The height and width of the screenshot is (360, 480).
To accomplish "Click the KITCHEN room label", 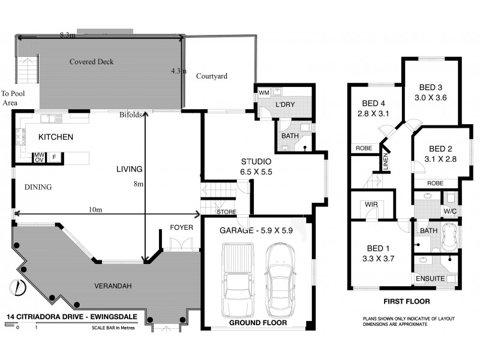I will pos(56,137).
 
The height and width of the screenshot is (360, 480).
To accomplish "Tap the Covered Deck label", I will pos(91,62).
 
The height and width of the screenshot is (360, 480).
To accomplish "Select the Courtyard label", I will pos(211,76).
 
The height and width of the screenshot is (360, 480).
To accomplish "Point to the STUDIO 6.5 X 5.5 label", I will pos(256,166).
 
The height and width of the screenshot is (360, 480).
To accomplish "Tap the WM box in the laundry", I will pos(263,93).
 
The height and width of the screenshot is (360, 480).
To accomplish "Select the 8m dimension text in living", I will pos(139,184).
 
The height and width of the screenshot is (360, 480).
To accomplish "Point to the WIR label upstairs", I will pos(371,205).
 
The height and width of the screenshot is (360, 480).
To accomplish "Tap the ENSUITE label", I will pos(429,279).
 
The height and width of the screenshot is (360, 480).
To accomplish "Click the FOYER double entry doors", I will pos(179,244).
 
